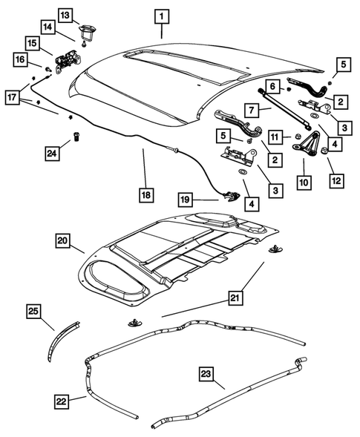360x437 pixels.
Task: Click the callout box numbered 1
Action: point(161,15)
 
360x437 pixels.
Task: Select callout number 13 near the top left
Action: point(65,15)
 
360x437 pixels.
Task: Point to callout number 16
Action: point(20,59)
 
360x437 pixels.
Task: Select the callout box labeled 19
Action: point(186,199)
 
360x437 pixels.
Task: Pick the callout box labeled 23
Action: point(206,372)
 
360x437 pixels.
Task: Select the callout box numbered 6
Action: point(272,87)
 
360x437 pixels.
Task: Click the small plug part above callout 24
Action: point(75,136)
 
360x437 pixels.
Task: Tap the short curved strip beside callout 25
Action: point(66,334)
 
